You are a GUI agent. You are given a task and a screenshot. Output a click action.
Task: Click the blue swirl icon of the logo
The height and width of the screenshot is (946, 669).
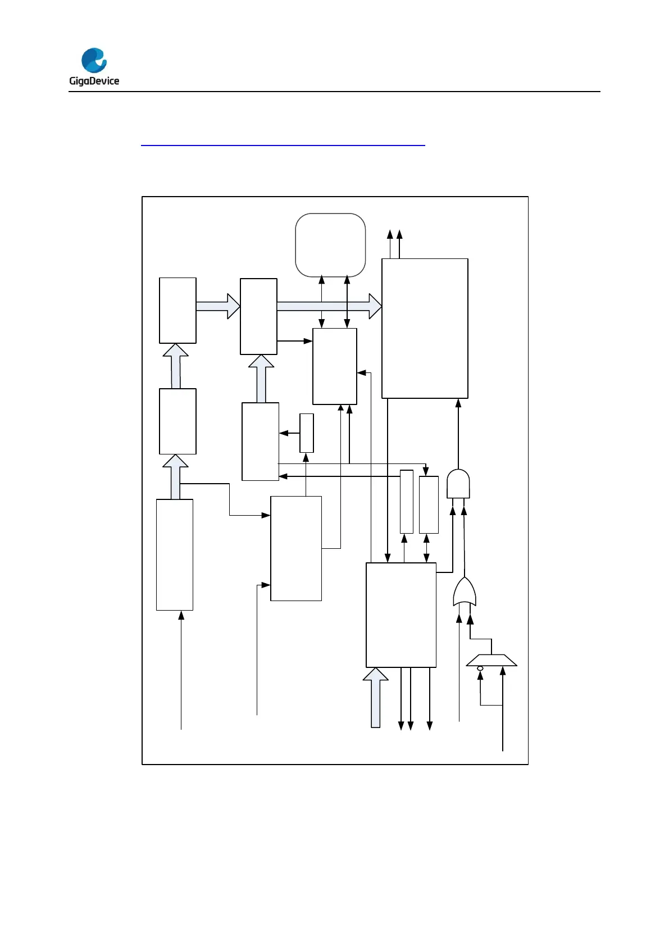(94, 61)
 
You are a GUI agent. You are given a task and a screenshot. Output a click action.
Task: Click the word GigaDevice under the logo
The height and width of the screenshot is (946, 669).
(94, 81)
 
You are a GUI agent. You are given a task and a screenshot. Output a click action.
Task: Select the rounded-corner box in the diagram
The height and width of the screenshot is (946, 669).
(330, 245)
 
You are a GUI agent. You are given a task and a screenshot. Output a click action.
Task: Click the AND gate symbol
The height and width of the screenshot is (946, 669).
(458, 484)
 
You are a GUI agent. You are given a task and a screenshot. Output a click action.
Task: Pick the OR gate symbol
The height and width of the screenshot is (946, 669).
(465, 592)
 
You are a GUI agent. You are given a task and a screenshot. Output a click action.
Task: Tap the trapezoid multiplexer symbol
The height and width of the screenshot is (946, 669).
(491, 660)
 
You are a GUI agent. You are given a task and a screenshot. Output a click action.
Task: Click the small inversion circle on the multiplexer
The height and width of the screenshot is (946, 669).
(480, 668)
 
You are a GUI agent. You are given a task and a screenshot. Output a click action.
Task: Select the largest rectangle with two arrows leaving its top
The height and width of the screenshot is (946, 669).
(425, 328)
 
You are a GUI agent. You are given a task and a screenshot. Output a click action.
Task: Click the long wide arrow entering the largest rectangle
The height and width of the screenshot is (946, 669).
(329, 306)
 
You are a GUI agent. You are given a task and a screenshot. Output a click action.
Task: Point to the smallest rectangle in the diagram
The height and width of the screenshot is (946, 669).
(307, 433)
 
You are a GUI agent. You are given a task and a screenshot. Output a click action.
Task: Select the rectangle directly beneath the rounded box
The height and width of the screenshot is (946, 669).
(335, 366)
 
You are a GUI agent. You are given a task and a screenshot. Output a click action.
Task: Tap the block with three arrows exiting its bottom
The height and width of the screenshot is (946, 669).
(401, 615)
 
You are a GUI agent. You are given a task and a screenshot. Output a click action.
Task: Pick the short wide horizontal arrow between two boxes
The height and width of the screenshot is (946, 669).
(218, 306)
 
